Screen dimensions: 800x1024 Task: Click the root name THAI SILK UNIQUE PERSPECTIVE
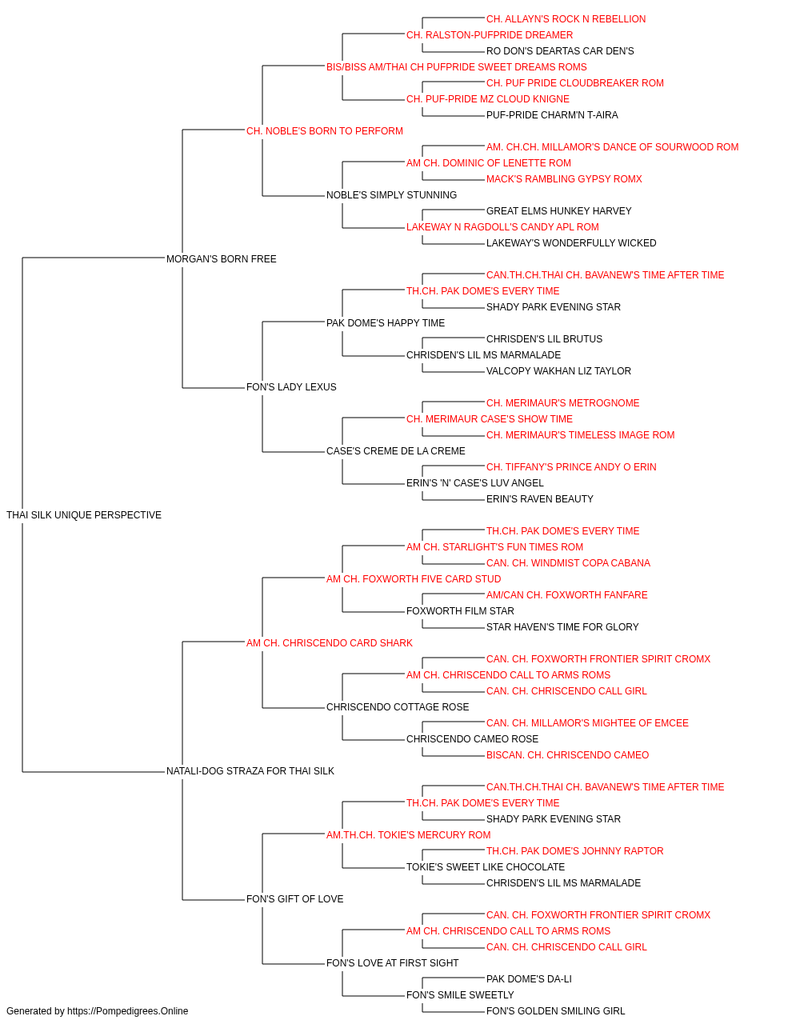(x=84, y=514)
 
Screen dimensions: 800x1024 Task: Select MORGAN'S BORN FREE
(x=221, y=258)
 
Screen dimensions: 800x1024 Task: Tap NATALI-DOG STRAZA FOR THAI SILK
(x=250, y=771)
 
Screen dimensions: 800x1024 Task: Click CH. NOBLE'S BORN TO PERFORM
(x=325, y=131)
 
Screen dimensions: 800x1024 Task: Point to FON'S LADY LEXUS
(x=291, y=387)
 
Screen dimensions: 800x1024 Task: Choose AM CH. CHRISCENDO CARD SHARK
(x=330, y=642)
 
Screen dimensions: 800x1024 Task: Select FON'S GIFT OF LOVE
(x=295, y=898)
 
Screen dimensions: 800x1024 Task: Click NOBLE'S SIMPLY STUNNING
(x=391, y=194)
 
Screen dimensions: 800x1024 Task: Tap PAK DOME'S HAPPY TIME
(x=386, y=322)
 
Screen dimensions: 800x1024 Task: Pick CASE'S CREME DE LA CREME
(x=396, y=451)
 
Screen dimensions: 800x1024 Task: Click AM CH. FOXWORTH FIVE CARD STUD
(x=414, y=578)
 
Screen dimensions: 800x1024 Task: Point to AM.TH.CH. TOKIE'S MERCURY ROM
(x=409, y=834)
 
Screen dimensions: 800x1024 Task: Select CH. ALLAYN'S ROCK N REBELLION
(x=566, y=19)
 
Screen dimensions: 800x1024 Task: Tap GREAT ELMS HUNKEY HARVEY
(x=558, y=210)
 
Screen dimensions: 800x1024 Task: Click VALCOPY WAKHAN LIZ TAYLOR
(x=558, y=371)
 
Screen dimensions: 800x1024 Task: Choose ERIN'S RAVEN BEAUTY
(x=539, y=498)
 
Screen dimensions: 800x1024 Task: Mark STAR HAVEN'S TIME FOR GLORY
(x=562, y=626)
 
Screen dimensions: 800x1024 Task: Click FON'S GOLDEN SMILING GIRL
(x=555, y=1011)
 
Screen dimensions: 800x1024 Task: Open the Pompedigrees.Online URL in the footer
(x=127, y=1011)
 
